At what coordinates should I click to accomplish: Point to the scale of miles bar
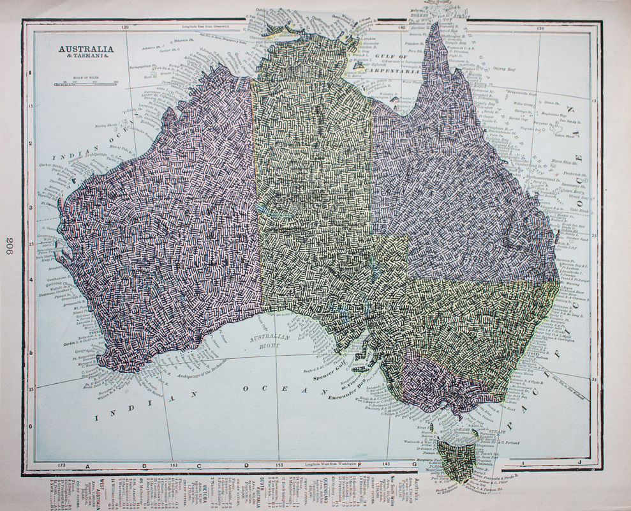point(89,82)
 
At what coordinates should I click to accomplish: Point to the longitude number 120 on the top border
point(126,27)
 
